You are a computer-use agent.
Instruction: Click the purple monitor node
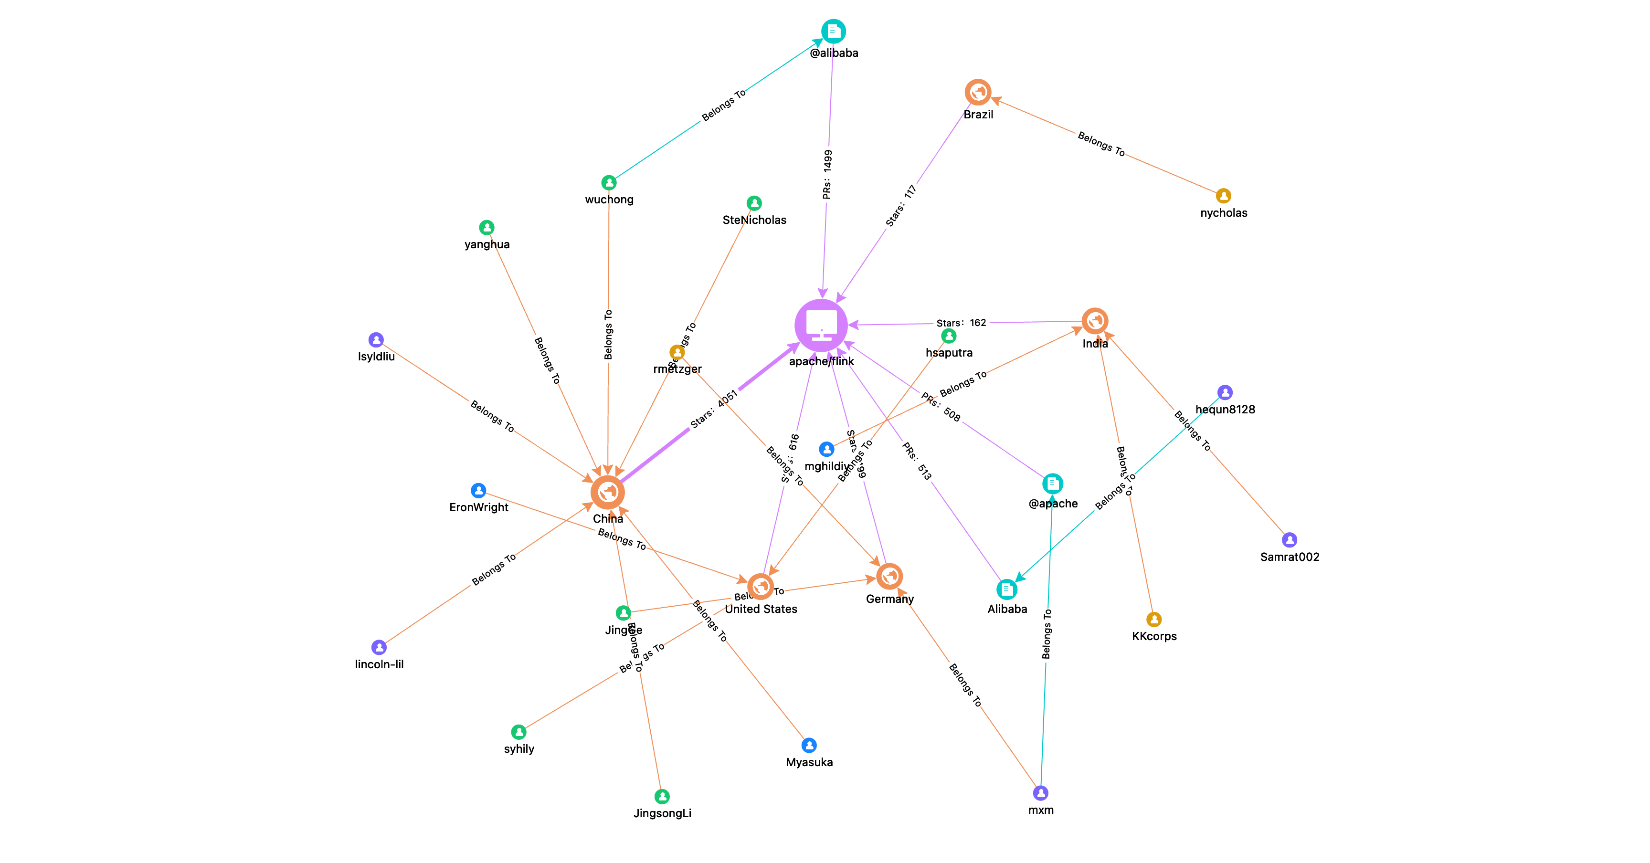tap(821, 325)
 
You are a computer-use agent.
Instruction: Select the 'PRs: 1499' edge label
tap(827, 175)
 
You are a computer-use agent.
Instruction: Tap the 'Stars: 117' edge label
tap(902, 206)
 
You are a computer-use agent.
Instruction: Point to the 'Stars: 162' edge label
tap(961, 323)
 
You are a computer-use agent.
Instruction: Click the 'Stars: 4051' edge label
tap(715, 409)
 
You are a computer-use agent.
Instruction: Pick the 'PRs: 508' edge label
tap(941, 407)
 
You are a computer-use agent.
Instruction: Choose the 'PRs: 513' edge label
tap(917, 461)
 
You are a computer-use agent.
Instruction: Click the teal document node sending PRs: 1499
tap(833, 31)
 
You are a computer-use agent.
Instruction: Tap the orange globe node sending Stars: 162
tap(1095, 321)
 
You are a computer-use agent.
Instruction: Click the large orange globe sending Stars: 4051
tap(607, 492)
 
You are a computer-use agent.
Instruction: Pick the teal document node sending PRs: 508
tap(1052, 484)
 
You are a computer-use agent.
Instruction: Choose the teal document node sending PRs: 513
tap(1007, 589)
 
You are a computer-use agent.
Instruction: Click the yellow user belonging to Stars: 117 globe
tap(1223, 196)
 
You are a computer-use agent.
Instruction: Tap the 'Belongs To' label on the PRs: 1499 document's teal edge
tap(724, 105)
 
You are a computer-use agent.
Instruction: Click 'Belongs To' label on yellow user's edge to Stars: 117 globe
tap(1101, 143)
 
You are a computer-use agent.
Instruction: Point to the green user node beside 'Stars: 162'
tap(949, 336)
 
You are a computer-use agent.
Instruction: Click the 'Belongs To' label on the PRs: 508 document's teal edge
tap(1047, 634)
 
